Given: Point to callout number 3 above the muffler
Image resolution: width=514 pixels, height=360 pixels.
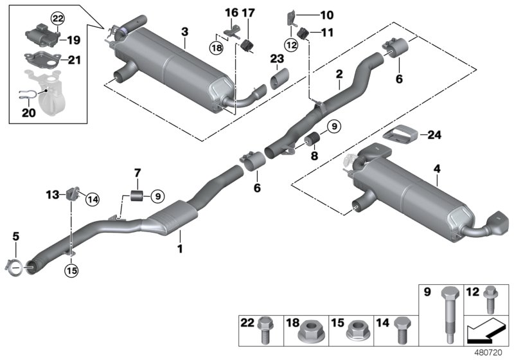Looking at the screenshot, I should coord(184,32).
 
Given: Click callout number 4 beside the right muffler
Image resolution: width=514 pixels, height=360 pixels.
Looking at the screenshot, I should coord(437,169).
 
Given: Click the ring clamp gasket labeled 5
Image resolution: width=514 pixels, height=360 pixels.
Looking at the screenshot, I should coord(17,264).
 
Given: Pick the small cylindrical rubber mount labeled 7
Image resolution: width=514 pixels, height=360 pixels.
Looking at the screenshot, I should coord(136,195).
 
